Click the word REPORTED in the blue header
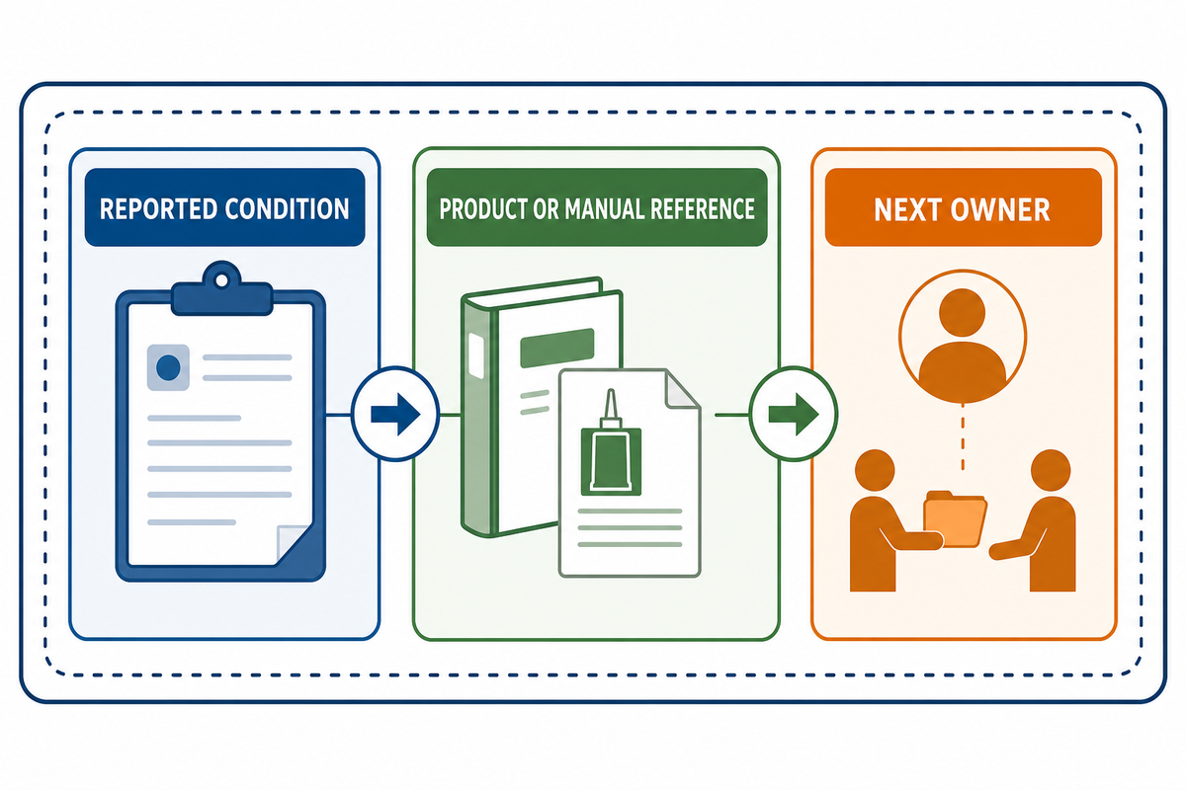pyautogui.click(x=158, y=209)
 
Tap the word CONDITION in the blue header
pyautogui.click(x=287, y=209)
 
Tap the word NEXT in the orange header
pyautogui.click(x=907, y=210)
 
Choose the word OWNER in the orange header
pyautogui.click(x=1000, y=210)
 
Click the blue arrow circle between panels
pyautogui.click(x=395, y=414)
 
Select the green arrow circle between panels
pyautogui.click(x=793, y=414)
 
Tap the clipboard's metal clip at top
pyautogui.click(x=221, y=290)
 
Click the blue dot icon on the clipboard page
pyautogui.click(x=168, y=367)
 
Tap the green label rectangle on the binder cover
pyautogui.click(x=557, y=348)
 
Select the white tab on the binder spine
pyautogui.click(x=476, y=355)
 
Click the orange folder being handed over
pyautogui.click(x=955, y=519)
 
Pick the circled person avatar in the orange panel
pyautogui.click(x=963, y=337)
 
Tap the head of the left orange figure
pyautogui.click(x=875, y=470)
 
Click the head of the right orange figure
pyautogui.click(x=1051, y=470)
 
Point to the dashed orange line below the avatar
pyautogui.click(x=963, y=437)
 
